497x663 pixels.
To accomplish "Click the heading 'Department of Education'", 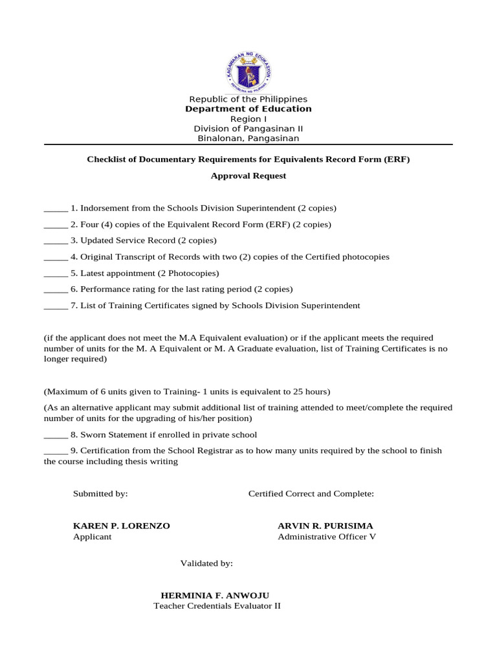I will pyautogui.click(x=248, y=109).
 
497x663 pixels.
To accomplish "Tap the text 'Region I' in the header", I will pyautogui.click(x=248, y=119).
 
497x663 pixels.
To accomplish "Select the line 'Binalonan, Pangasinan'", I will pyautogui.click(x=248, y=138).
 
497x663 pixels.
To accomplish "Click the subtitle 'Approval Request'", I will pyautogui.click(x=248, y=175).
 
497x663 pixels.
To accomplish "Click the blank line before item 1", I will pyautogui.click(x=56, y=208).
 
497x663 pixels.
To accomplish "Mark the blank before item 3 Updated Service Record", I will pyautogui.click(x=56, y=241).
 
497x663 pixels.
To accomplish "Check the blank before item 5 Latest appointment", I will pyautogui.click(x=56, y=273).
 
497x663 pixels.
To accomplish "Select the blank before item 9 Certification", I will pyautogui.click(x=56, y=451).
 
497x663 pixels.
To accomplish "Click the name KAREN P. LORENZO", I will pyautogui.click(x=122, y=526).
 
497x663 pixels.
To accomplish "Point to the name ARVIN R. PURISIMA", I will pyautogui.click(x=325, y=526).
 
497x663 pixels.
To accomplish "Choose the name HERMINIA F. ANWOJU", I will pyautogui.click(x=214, y=595).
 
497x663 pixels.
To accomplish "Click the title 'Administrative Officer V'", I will pyautogui.click(x=326, y=537).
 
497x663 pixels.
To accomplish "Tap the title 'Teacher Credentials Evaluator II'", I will pyautogui.click(x=217, y=606).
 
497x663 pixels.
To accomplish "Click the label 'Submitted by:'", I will pyautogui.click(x=100, y=493).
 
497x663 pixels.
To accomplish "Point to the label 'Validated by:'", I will pyautogui.click(x=206, y=563).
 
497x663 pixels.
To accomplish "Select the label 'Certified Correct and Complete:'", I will pyautogui.click(x=311, y=493).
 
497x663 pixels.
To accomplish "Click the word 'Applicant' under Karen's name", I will pyautogui.click(x=92, y=537).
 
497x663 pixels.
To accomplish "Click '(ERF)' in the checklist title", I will pyautogui.click(x=396, y=159).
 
